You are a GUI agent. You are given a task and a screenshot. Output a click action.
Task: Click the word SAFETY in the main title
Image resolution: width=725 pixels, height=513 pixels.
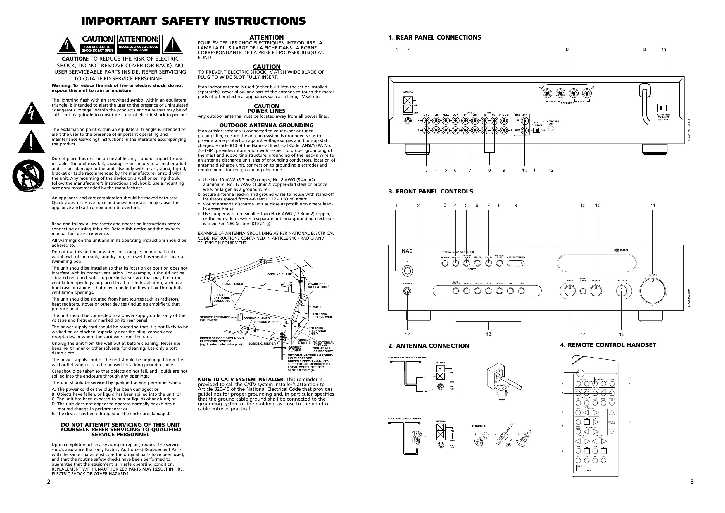point(186,21)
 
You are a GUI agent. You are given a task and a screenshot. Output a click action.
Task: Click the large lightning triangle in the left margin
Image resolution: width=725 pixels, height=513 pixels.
point(32,113)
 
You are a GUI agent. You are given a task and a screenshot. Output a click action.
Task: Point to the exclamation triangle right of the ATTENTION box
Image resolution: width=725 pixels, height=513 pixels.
point(173,44)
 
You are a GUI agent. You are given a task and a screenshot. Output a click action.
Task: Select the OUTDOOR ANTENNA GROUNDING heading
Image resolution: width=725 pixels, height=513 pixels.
point(266,126)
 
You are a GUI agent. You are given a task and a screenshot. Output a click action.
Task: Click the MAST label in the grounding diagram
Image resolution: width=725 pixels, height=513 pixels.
point(317,307)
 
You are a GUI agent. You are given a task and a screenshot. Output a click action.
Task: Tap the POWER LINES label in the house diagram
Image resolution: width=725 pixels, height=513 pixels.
point(232,284)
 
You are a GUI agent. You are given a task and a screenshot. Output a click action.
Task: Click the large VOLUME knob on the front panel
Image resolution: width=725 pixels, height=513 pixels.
point(652,291)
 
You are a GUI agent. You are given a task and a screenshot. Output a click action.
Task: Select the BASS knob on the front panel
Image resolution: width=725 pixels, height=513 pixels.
point(570,291)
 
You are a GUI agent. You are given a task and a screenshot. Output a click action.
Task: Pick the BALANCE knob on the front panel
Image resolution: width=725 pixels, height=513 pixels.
point(621,291)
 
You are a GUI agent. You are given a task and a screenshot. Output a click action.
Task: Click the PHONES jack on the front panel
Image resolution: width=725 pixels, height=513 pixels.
point(407,291)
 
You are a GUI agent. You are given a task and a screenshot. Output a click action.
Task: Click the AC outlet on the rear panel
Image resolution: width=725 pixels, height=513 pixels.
point(663,108)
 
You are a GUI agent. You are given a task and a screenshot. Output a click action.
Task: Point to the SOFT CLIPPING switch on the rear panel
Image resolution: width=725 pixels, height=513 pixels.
point(536,130)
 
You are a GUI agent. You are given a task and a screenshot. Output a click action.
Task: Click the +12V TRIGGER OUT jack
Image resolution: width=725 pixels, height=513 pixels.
point(551,129)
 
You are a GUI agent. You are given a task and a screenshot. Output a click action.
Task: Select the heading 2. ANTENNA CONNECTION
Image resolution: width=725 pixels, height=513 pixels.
point(429,346)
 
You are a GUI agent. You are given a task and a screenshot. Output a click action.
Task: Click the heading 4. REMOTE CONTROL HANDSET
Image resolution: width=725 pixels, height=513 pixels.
point(608,345)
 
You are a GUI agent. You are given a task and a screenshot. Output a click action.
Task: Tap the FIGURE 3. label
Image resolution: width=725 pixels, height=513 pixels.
point(479,426)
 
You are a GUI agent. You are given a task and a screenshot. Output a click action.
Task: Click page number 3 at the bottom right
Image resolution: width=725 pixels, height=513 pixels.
point(692,482)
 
